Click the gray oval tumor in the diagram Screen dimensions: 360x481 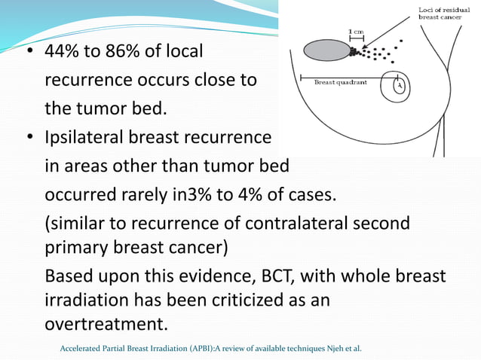pos(326,50)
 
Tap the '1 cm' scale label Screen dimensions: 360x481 pos(356,31)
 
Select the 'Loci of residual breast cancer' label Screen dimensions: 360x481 pos(446,13)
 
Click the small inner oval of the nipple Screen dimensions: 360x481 pos(400,87)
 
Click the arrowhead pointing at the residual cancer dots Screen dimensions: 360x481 pos(355,50)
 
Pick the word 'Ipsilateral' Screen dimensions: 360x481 pos(84,138)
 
